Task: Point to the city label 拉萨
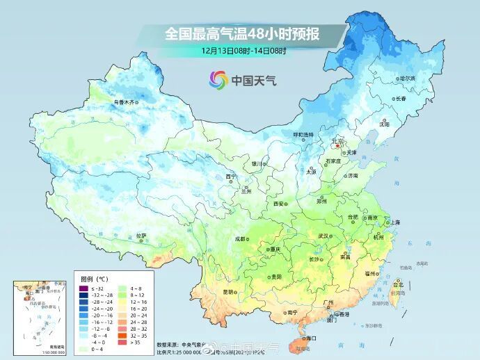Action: pos(142,235)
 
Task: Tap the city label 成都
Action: pos(240,238)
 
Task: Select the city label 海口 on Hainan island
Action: pos(308,338)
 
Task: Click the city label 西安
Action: pos(280,204)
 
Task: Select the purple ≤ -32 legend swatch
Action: pos(83,288)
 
